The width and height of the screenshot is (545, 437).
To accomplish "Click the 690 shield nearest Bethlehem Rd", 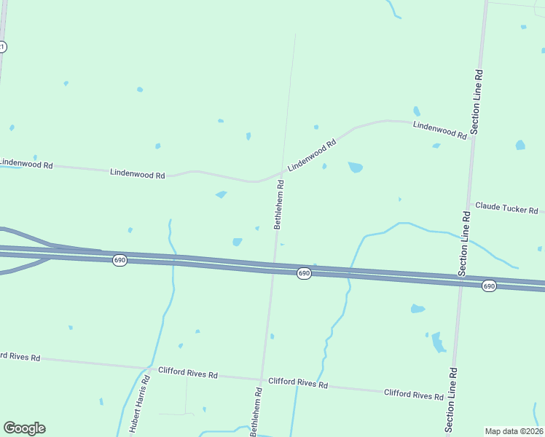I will [305, 273].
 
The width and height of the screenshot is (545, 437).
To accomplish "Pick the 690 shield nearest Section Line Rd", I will [489, 286].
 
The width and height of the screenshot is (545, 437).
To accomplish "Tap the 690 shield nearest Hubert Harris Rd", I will [120, 260].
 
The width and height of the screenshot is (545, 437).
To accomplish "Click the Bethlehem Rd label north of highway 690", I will [279, 205].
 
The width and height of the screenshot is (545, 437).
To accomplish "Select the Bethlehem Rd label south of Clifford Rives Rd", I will [256, 412].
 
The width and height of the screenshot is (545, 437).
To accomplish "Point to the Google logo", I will [24, 428].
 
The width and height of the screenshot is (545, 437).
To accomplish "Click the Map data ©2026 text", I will [514, 431].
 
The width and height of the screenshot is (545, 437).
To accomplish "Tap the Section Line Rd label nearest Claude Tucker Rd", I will [464, 244].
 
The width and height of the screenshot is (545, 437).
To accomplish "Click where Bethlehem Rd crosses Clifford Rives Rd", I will [262, 379].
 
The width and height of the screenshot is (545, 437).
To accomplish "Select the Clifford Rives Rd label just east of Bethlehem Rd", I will [298, 383].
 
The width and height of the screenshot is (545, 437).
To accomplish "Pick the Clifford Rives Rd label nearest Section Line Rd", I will [414, 395].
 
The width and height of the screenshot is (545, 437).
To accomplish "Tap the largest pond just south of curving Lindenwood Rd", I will [356, 168].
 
